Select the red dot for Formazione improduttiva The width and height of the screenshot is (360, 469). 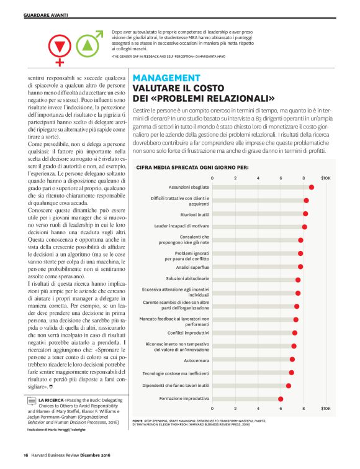pyautogui.click(x=281, y=399)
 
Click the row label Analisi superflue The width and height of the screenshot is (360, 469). pyautogui.click(x=191, y=266)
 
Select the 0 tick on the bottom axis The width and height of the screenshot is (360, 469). pyautogui.click(x=213, y=409)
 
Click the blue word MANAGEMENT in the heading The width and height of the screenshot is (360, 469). pyautogui.click(x=167, y=78)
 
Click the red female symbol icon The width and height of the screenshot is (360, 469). pyautogui.click(x=60, y=48)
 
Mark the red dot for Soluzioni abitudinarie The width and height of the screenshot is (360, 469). pyautogui.click(x=298, y=280)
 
